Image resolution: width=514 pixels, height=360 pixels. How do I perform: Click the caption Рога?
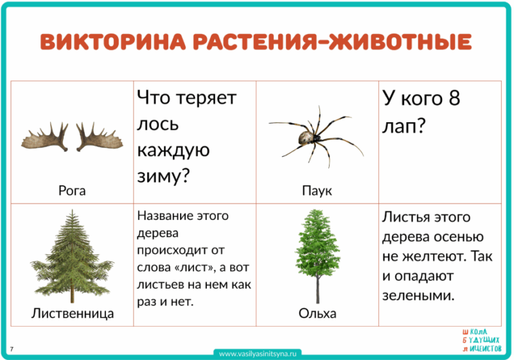click(x=71, y=190)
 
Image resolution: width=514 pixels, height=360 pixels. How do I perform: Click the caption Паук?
click(x=317, y=191)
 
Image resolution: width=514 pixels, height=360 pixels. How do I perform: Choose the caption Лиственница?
click(x=72, y=314)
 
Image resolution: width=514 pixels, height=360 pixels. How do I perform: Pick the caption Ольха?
click(x=317, y=314)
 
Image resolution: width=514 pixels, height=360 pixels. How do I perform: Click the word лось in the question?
click(x=158, y=124)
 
